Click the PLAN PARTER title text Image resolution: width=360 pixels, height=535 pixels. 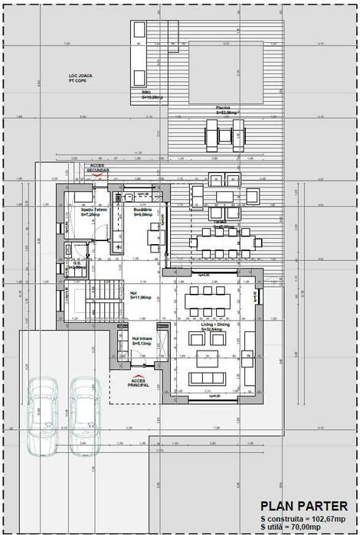coord(304,506)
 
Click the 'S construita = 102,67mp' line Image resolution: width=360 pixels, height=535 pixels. coord(304,518)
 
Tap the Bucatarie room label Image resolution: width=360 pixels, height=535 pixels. coord(143,212)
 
